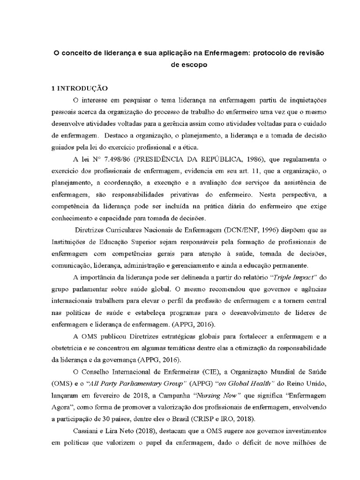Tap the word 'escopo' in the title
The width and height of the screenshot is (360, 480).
[x=188, y=65]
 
